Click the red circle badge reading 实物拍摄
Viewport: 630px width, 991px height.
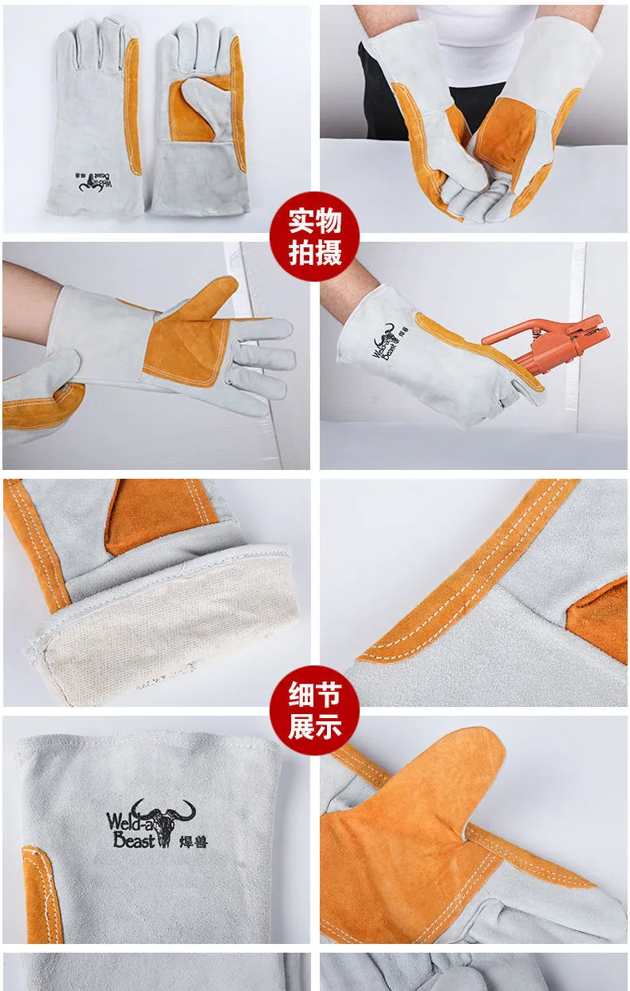[x=314, y=236]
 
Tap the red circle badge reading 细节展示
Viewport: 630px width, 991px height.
[x=314, y=710]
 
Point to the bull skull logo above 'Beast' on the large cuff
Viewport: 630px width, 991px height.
[x=164, y=821]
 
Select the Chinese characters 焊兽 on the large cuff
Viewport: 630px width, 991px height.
[x=193, y=841]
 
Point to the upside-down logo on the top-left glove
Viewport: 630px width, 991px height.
[x=95, y=182]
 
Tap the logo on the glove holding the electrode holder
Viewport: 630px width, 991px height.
[x=390, y=342]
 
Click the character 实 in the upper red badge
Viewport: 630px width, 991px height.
[x=301, y=221]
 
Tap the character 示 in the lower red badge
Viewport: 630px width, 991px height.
[x=328, y=725]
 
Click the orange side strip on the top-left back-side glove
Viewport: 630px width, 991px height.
[x=132, y=106]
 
